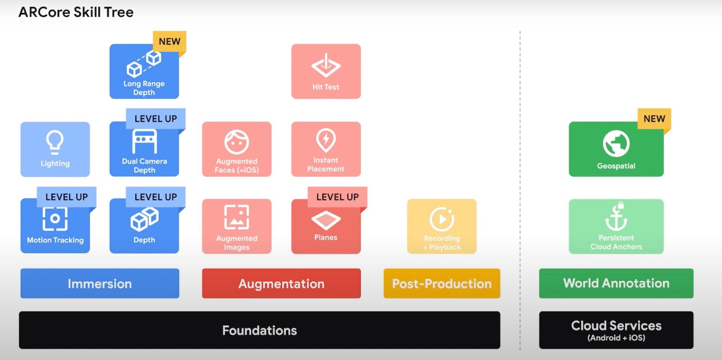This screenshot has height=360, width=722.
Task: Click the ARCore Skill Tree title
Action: click(76, 12)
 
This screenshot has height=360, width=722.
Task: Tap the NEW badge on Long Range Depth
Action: click(170, 42)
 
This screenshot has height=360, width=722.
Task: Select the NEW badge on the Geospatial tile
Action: click(654, 119)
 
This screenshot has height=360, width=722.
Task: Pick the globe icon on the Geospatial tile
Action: click(616, 143)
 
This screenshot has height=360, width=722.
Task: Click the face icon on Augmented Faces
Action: click(236, 142)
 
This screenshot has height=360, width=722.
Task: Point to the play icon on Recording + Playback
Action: click(442, 219)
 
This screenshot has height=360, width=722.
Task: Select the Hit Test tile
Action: click(326, 71)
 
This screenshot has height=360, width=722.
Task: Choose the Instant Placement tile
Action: click(326, 149)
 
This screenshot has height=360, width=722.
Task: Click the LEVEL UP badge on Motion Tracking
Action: click(66, 197)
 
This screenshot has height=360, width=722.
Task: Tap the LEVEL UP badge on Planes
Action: click(337, 197)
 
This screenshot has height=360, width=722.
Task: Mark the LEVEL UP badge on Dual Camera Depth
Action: click(155, 119)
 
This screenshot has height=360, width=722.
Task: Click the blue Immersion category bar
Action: click(100, 283)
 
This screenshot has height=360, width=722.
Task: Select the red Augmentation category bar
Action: click(281, 283)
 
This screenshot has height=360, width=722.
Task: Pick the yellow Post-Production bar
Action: click(442, 283)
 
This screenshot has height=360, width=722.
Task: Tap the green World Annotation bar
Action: click(616, 283)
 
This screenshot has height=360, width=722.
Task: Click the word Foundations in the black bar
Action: click(259, 330)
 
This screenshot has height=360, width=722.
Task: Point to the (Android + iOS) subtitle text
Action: click(616, 338)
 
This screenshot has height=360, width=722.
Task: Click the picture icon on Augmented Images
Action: click(236, 217)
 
